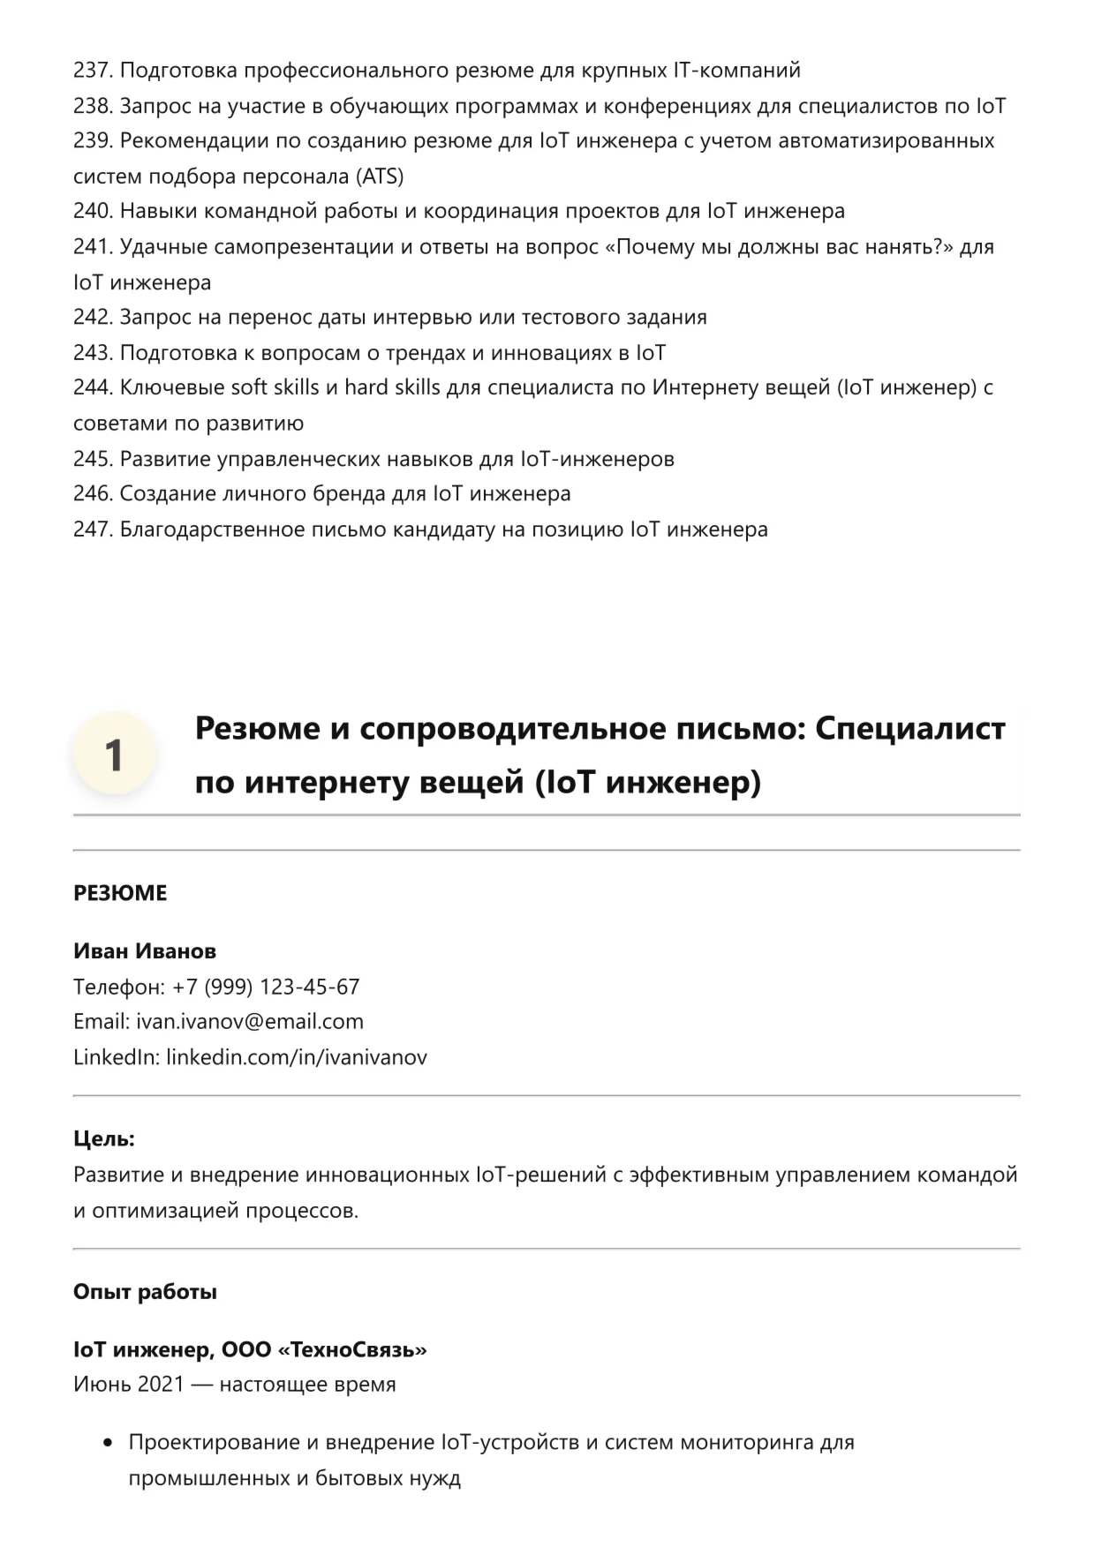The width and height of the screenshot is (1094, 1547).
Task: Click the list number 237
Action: [x=93, y=70]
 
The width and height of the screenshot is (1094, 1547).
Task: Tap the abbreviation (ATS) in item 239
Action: [x=380, y=176]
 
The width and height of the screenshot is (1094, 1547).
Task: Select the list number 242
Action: [x=93, y=317]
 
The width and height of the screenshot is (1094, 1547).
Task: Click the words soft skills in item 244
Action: [x=283, y=387]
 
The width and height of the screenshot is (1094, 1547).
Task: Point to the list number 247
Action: [x=93, y=529]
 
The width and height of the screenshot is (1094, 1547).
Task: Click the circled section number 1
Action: [x=115, y=755]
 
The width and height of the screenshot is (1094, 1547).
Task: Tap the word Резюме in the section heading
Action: [x=258, y=729]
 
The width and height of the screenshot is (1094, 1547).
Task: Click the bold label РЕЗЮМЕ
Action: [x=120, y=893]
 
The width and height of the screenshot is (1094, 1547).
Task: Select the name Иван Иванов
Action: [x=145, y=951]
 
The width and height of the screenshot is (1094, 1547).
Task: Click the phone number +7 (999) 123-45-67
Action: [x=266, y=987]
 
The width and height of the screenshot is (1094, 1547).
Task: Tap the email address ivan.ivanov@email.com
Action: [x=250, y=1022]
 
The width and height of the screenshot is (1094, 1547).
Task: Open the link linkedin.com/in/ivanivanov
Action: [x=297, y=1057]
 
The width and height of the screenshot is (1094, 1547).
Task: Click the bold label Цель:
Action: [x=104, y=1139]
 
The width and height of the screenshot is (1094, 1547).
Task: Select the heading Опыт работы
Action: [x=145, y=1292]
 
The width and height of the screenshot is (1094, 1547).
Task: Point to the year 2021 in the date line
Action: [x=161, y=1385]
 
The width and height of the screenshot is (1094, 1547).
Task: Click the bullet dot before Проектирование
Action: [x=109, y=1444]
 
